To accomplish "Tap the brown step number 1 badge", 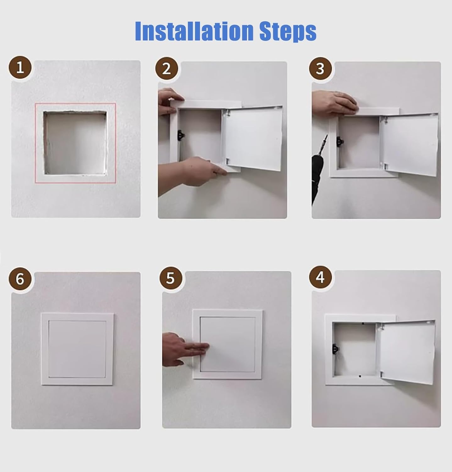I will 20,68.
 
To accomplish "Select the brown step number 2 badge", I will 167,69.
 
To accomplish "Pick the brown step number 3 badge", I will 320,69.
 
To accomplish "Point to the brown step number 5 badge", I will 170,278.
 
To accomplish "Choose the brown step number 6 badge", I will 20,279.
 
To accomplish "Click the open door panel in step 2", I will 253,138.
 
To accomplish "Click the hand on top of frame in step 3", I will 335,103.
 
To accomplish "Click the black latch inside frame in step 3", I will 339,141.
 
